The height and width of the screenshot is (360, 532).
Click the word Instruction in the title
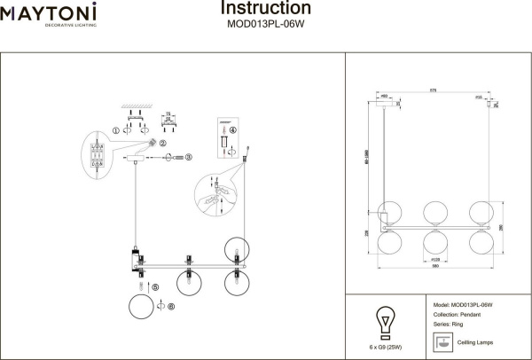click(x=265, y=9)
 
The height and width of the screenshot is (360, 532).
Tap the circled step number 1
click(x=115, y=131)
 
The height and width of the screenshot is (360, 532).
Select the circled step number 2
click(x=162, y=142)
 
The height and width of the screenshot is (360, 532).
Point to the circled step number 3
click(x=189, y=158)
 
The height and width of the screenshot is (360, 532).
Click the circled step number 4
click(x=233, y=130)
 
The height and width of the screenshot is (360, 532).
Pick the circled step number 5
click(x=154, y=287)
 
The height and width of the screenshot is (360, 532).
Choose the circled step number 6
click(x=172, y=308)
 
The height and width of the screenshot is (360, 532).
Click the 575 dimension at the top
click(x=434, y=90)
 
